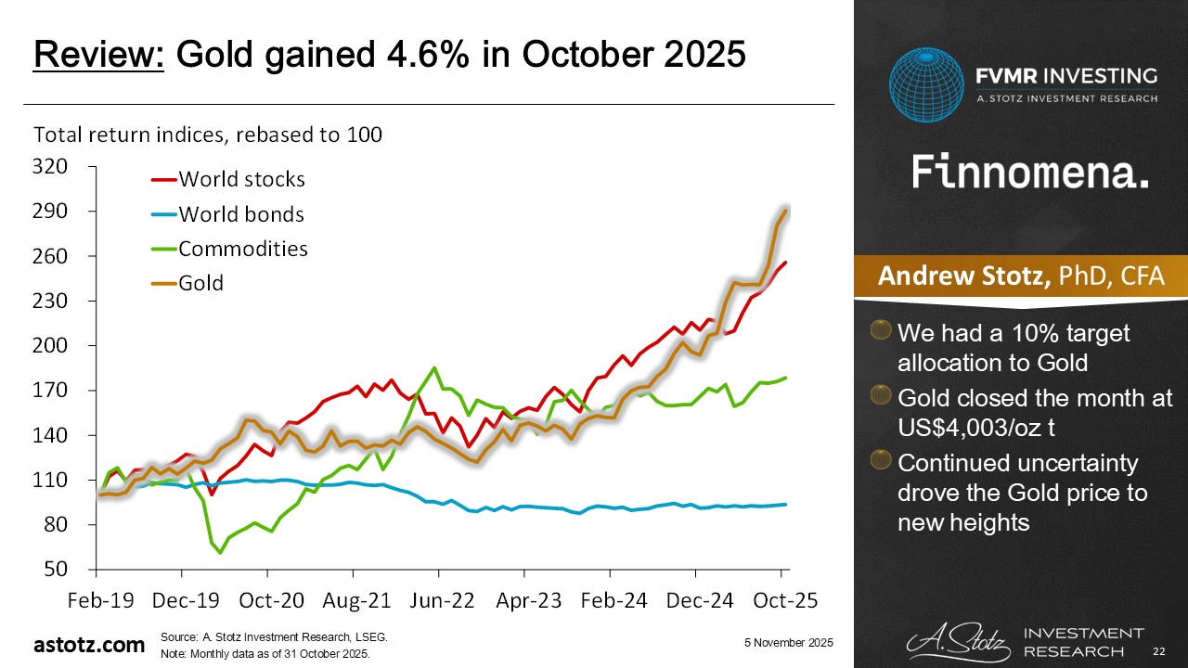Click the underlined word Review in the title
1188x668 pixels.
(x=98, y=55)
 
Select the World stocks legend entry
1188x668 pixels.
(x=241, y=179)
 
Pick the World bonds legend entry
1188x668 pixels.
(x=241, y=214)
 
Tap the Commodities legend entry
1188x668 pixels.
(x=243, y=249)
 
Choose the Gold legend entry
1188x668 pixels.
(x=200, y=283)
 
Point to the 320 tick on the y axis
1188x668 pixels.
(x=51, y=167)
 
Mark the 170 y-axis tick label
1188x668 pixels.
(x=51, y=391)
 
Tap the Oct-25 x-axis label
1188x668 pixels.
(x=784, y=600)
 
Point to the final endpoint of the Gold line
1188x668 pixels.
(x=786, y=211)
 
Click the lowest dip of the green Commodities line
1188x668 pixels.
(x=221, y=552)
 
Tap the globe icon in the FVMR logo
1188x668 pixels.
(x=925, y=85)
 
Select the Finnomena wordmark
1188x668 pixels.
(x=1029, y=173)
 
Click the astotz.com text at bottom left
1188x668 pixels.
(x=89, y=644)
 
